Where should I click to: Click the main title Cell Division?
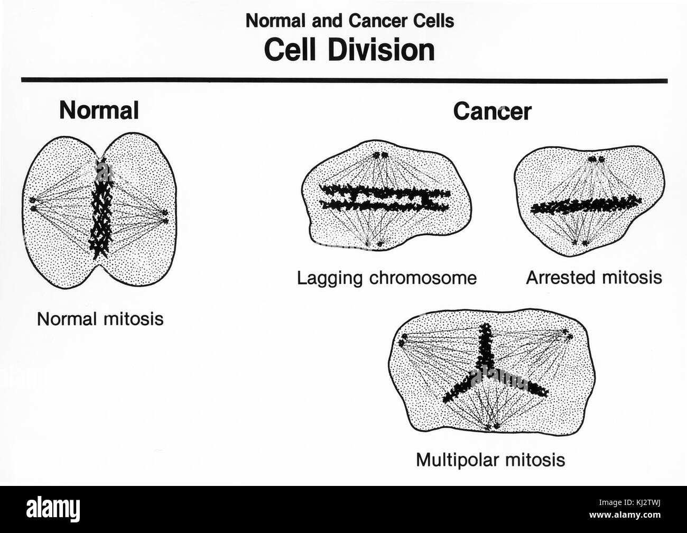pyautogui.click(x=349, y=51)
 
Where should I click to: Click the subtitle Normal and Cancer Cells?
pyautogui.click(x=350, y=21)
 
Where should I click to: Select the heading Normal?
pyautogui.click(x=99, y=111)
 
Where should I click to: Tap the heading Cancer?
pyautogui.click(x=492, y=112)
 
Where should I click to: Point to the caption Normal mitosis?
pyautogui.click(x=100, y=319)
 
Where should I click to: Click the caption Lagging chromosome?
pyautogui.click(x=386, y=278)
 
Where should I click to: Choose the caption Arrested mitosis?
pyautogui.click(x=593, y=277)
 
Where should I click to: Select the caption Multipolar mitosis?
pyautogui.click(x=490, y=459)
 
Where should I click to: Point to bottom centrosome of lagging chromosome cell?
pyautogui.click(x=374, y=244)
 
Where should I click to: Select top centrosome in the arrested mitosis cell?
pyautogui.click(x=597, y=159)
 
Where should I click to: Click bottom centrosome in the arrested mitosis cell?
pyautogui.click(x=580, y=243)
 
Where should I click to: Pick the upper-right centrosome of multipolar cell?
pyautogui.click(x=567, y=334)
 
